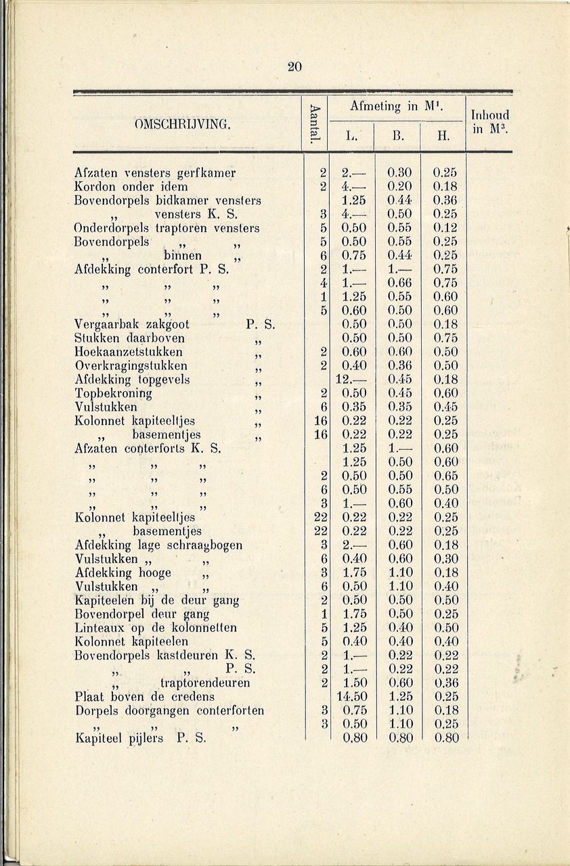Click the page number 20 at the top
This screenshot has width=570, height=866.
294,66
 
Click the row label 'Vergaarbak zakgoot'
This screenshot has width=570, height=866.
132,324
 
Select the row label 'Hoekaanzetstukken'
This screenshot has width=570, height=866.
129,352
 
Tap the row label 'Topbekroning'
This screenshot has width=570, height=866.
113,393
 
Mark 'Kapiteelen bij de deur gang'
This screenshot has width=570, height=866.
157,600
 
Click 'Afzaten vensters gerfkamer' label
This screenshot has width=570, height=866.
155,173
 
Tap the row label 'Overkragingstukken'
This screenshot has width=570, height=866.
129,366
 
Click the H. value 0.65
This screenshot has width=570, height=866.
445,476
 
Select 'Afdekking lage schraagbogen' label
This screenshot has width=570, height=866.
158,545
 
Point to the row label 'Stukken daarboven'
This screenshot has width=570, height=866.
130,338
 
